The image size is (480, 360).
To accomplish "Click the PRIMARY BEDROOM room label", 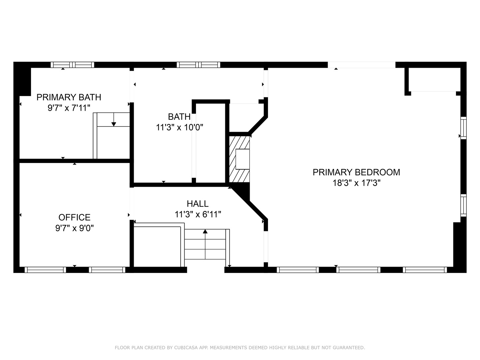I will coord(356,172).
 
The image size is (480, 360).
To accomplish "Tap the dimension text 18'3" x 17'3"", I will coord(356,183).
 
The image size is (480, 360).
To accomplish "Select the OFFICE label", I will coord(74,217).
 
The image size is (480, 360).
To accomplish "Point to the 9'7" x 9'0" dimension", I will coord(74,228).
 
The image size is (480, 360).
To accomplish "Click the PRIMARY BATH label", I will coord(69,97).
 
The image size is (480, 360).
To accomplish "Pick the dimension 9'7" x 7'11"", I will coord(69,108).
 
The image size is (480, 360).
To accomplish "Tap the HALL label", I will coord(198,204).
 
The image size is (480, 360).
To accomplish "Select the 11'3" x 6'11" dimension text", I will coord(198,214).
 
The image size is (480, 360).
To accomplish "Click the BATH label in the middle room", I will coord(179,117).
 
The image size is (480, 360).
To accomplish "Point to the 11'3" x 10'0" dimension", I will coord(179,127).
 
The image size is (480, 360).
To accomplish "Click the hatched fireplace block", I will coord(239,159).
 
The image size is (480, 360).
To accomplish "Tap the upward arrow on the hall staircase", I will coord(205,231).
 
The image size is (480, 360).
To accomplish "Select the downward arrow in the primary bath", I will coord(114,124).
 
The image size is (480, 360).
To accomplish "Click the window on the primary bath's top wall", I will coord(72,65).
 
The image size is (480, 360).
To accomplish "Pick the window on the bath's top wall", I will coord(198,65).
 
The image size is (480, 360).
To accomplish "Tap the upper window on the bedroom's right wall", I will coord(463,128).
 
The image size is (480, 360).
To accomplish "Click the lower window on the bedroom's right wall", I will coord(463,205).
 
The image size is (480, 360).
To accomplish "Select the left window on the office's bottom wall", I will coord(45,270).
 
